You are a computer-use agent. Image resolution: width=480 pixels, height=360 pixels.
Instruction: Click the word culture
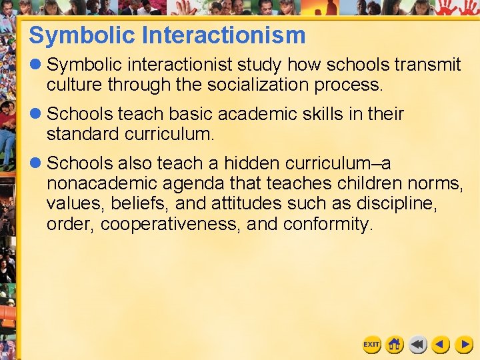pyautogui.click(x=73, y=85)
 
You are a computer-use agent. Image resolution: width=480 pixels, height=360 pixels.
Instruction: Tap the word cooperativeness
pyautogui.click(x=170, y=223)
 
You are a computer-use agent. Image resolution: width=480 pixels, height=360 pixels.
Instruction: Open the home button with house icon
pyautogui.click(x=395, y=344)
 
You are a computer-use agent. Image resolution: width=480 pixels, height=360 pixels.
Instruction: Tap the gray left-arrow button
pyautogui.click(x=418, y=344)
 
